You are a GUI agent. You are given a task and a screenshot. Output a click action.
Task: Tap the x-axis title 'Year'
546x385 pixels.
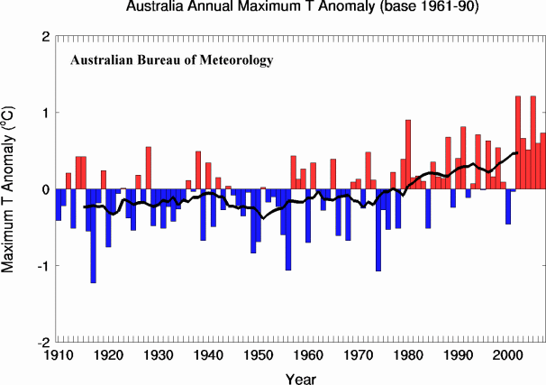tap(300, 376)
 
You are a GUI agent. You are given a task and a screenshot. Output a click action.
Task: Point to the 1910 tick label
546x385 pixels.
tap(56, 355)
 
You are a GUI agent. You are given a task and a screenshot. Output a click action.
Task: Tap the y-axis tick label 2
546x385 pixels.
tap(44, 37)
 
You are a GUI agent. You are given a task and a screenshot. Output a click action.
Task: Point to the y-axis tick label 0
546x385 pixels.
tap(44, 189)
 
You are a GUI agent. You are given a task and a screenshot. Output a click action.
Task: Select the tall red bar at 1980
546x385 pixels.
tap(408, 154)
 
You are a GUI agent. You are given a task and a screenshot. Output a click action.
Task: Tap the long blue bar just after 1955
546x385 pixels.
tap(288, 229)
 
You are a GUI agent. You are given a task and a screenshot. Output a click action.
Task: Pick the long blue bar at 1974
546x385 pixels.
tap(378, 230)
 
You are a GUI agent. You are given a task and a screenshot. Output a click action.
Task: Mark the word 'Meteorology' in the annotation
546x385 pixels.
tap(235, 61)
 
